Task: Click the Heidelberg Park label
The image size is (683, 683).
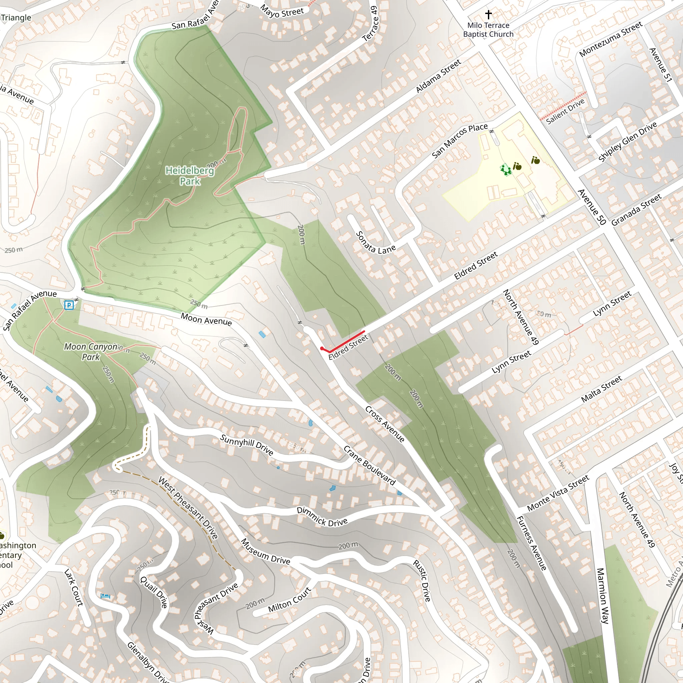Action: [x=190, y=176]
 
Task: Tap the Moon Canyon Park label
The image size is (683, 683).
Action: [x=91, y=352]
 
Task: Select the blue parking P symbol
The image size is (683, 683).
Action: [x=69, y=305]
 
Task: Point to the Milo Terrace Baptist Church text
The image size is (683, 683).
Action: [x=488, y=30]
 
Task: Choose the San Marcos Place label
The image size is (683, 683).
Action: [x=460, y=140]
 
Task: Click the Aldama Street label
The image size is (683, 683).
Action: [x=438, y=76]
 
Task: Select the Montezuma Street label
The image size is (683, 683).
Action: [x=611, y=39]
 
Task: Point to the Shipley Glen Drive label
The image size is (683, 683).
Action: [x=628, y=141]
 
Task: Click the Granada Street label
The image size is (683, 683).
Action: [x=636, y=210]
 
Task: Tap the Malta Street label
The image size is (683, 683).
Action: [x=601, y=389]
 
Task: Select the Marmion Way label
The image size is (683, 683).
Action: [x=602, y=595]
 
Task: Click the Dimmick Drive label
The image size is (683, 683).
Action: [x=322, y=517]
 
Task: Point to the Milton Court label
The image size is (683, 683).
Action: [x=289, y=600]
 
